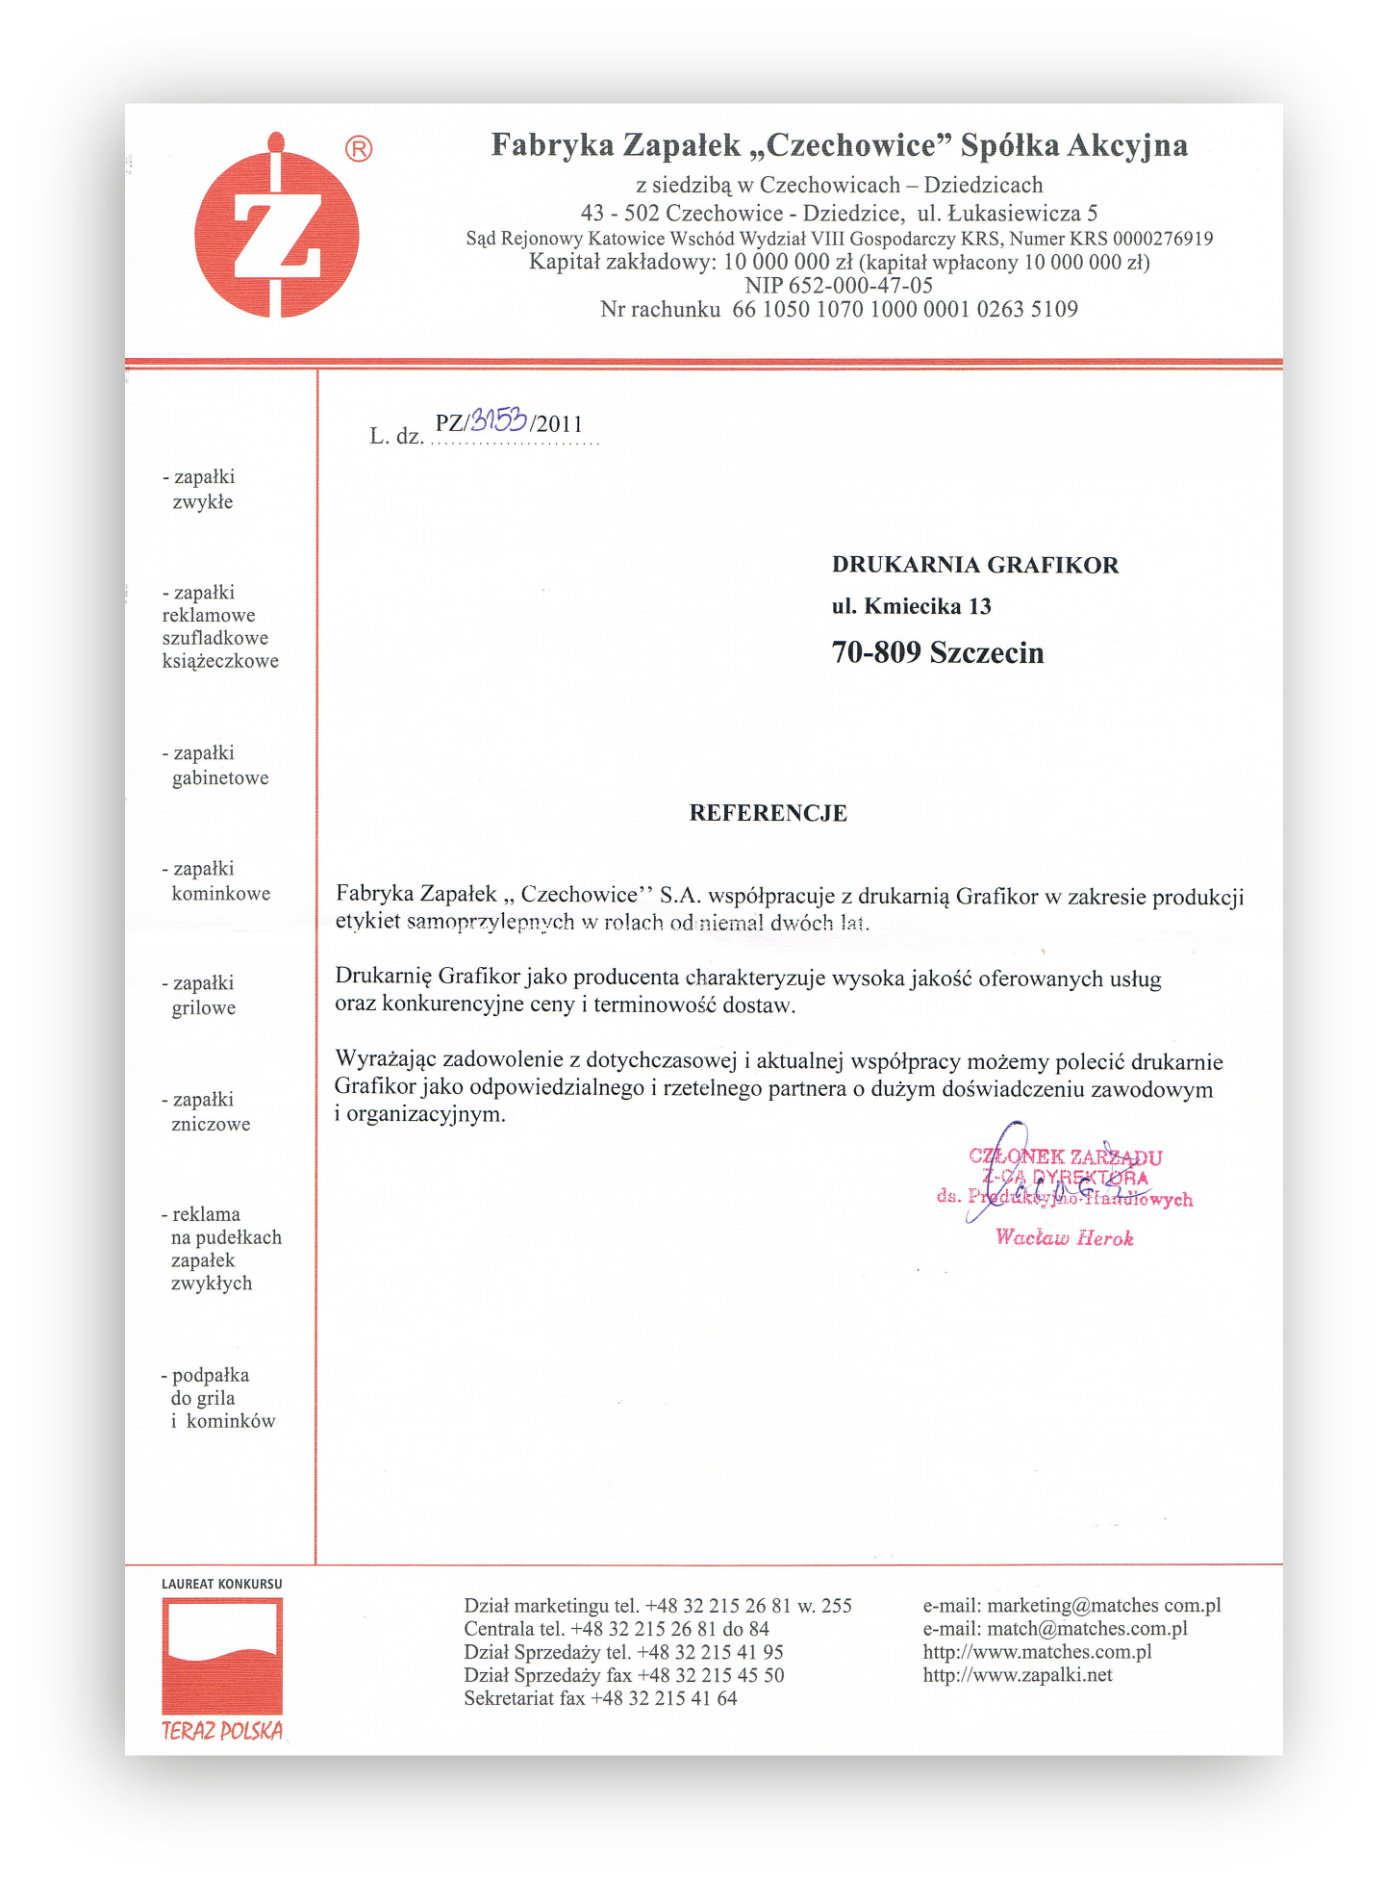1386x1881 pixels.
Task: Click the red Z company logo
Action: (277, 231)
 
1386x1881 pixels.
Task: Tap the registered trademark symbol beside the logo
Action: (359, 149)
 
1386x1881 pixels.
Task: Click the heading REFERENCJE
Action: (768, 813)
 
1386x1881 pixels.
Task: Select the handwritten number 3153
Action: (499, 419)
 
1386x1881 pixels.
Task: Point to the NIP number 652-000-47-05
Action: (839, 286)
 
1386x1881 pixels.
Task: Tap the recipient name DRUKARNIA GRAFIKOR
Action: (974, 565)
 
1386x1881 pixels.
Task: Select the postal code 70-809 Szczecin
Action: (937, 653)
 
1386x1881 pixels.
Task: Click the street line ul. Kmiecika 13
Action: (911, 606)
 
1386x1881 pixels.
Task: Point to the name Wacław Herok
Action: (1064, 1238)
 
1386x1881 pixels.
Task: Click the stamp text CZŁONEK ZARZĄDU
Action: (1066, 1157)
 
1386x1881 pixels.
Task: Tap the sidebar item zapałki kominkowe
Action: (215, 881)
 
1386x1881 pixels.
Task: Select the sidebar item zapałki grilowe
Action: (203, 996)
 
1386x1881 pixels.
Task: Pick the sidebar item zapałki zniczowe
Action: (210, 1111)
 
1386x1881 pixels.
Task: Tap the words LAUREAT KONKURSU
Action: (222, 1584)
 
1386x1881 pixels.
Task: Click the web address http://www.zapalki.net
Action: (1017, 1675)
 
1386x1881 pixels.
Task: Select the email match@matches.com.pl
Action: (1054, 1629)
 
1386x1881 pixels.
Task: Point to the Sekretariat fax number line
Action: (600, 1698)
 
